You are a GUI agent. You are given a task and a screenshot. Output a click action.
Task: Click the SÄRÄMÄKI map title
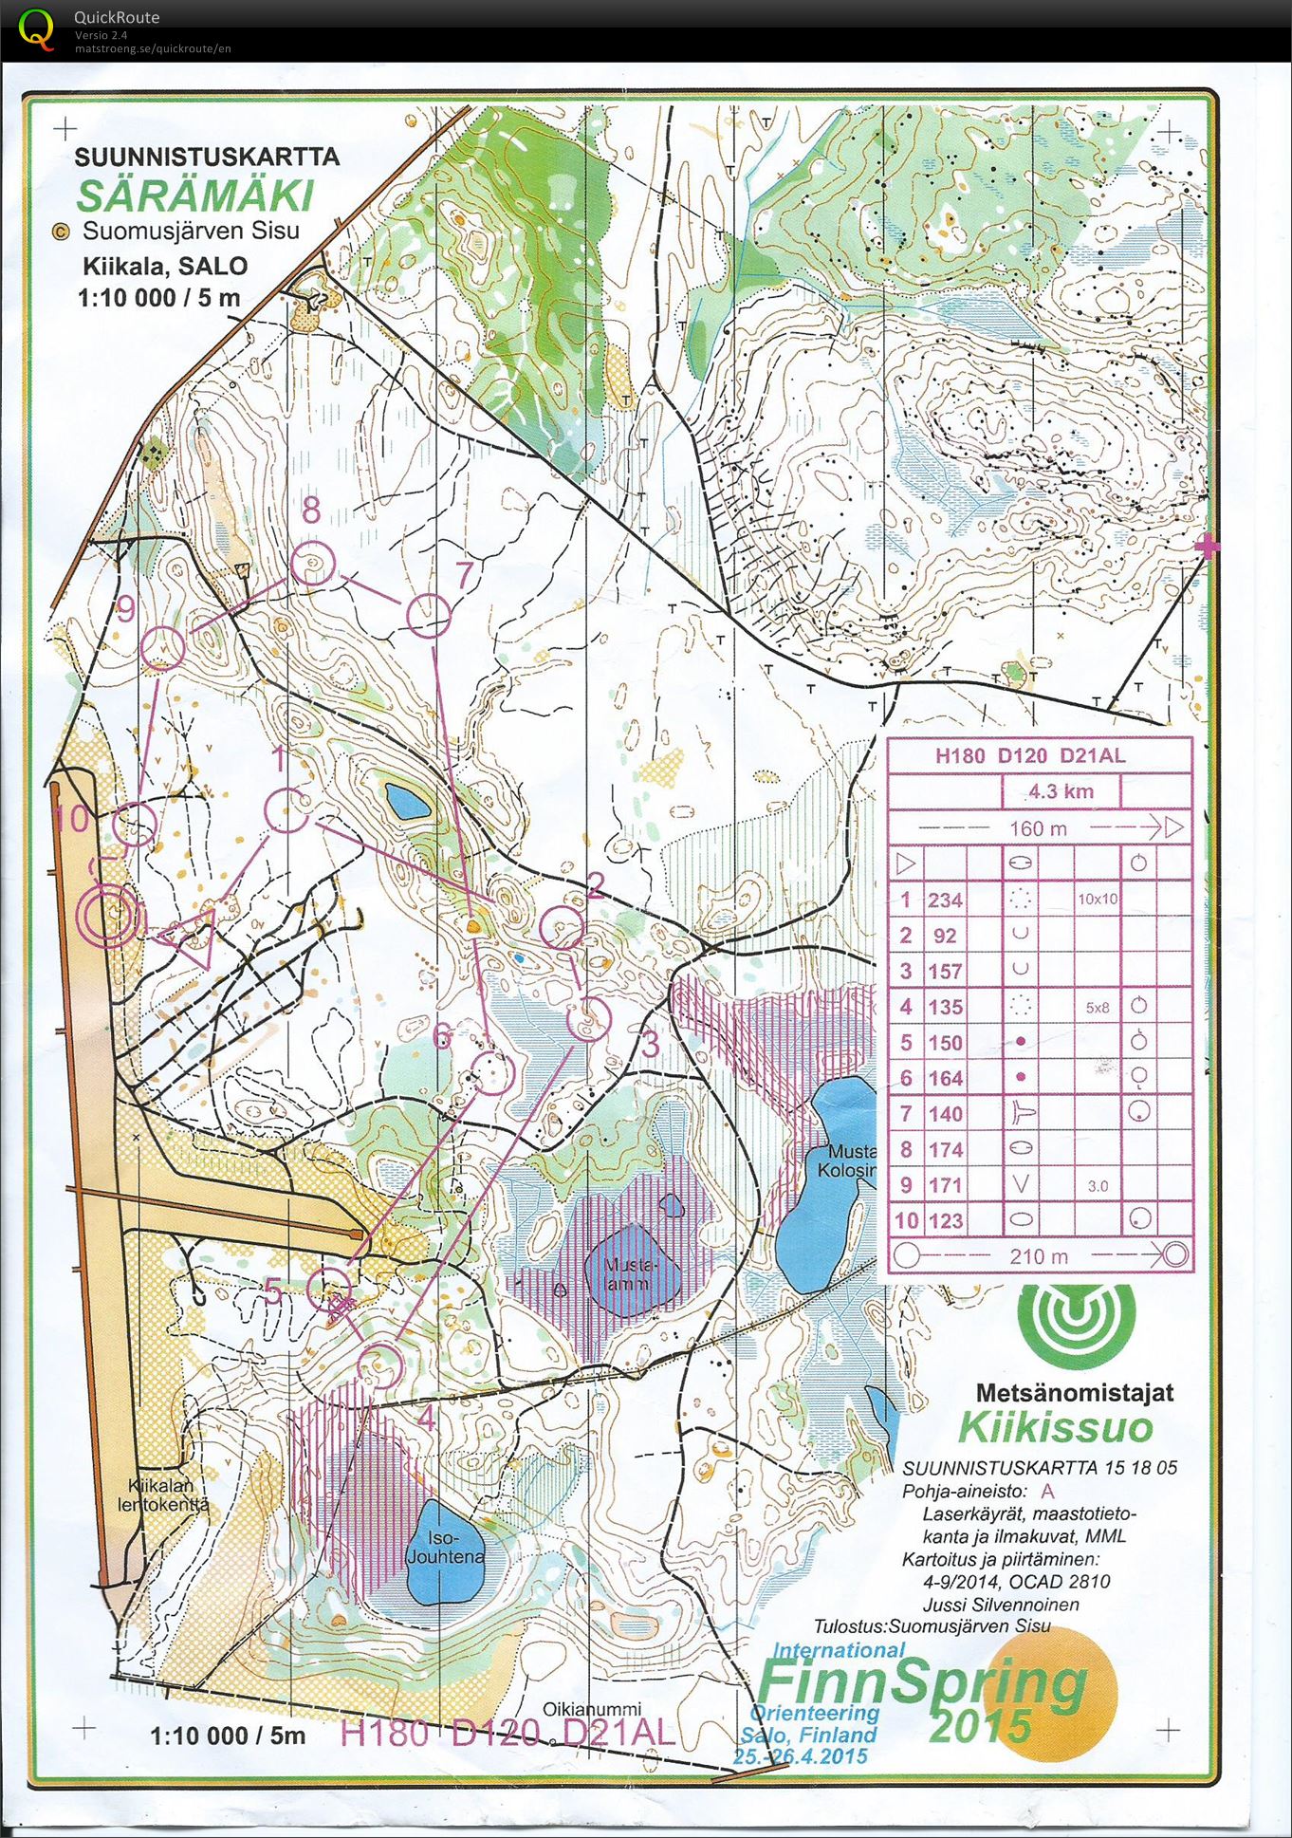(x=194, y=195)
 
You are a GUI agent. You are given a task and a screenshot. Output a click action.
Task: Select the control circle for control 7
(x=428, y=616)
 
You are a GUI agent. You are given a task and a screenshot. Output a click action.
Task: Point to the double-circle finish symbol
(x=112, y=916)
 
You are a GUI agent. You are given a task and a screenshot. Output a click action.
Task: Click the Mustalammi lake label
(x=628, y=1274)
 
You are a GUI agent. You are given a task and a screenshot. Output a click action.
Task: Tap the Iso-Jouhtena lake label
(x=445, y=1548)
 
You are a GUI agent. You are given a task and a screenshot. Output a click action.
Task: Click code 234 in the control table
(x=945, y=900)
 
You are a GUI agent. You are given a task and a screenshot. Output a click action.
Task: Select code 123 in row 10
(x=945, y=1220)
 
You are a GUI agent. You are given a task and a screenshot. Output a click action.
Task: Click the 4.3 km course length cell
(x=1061, y=791)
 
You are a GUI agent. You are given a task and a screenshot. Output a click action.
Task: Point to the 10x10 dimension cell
(x=1097, y=899)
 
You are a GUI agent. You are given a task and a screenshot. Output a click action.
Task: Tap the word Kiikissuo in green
(x=1055, y=1427)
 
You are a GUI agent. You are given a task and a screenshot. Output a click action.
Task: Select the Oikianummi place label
(x=592, y=1709)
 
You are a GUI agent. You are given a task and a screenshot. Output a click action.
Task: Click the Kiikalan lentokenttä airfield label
(x=162, y=1495)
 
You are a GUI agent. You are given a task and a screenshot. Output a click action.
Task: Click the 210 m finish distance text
(x=1038, y=1256)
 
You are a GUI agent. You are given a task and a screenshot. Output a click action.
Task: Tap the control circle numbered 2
(x=563, y=928)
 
